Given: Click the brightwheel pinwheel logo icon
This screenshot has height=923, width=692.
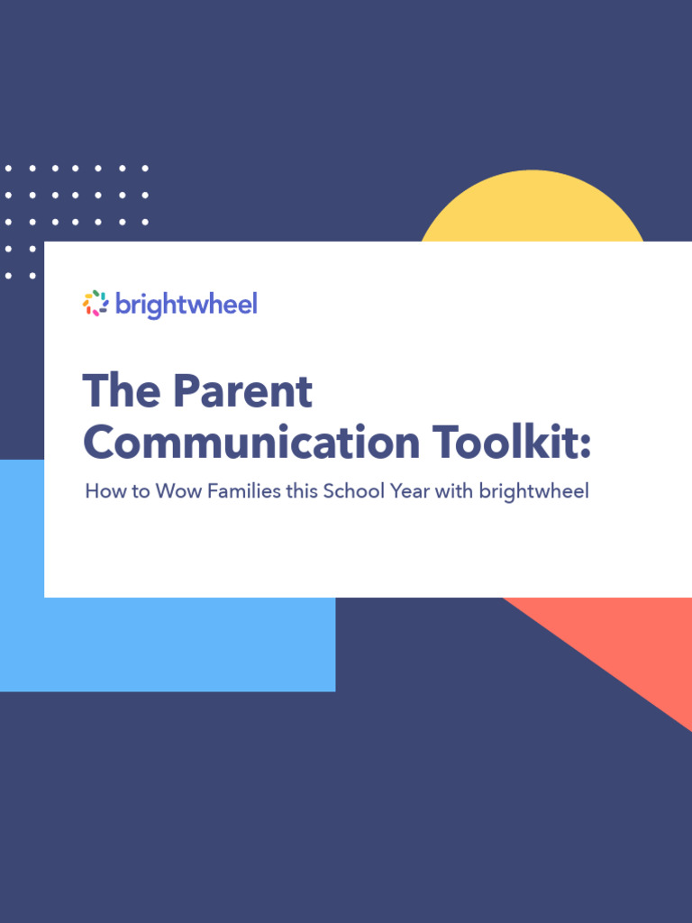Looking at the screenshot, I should point(96,304).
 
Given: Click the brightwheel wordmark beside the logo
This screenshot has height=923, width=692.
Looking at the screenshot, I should point(187,305).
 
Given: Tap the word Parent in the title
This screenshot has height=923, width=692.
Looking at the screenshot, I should point(242,391).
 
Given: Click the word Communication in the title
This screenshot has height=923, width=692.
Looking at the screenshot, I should point(251,443).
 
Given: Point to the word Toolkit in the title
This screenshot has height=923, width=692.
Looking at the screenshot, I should point(505,443).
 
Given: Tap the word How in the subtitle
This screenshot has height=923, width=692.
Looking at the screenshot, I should point(103,492).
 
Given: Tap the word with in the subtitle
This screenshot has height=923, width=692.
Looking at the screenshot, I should point(455,492).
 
